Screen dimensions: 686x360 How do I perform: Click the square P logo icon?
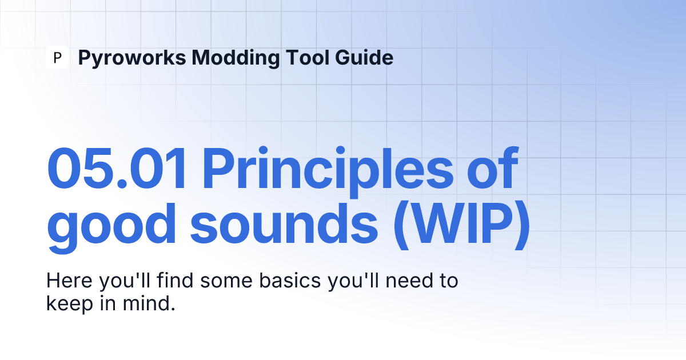(57, 57)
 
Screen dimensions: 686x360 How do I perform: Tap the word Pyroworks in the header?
(132, 58)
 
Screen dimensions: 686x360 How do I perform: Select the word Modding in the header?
(236, 58)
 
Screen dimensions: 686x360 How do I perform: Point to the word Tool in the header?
(307, 57)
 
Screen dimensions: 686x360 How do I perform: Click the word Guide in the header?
(364, 57)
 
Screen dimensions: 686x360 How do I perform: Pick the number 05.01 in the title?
(117, 169)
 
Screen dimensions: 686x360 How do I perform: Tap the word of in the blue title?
(493, 168)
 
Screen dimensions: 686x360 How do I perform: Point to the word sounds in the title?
(284, 224)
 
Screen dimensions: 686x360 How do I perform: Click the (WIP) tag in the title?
(462, 225)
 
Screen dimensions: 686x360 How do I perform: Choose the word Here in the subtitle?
(69, 281)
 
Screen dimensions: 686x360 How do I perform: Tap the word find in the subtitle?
(175, 280)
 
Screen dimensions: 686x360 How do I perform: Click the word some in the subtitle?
(226, 281)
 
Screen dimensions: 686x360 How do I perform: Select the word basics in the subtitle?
(290, 281)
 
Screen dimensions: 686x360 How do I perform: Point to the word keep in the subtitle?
(70, 304)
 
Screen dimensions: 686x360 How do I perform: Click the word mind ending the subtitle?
(149, 303)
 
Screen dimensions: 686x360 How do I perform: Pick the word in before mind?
(108, 303)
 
